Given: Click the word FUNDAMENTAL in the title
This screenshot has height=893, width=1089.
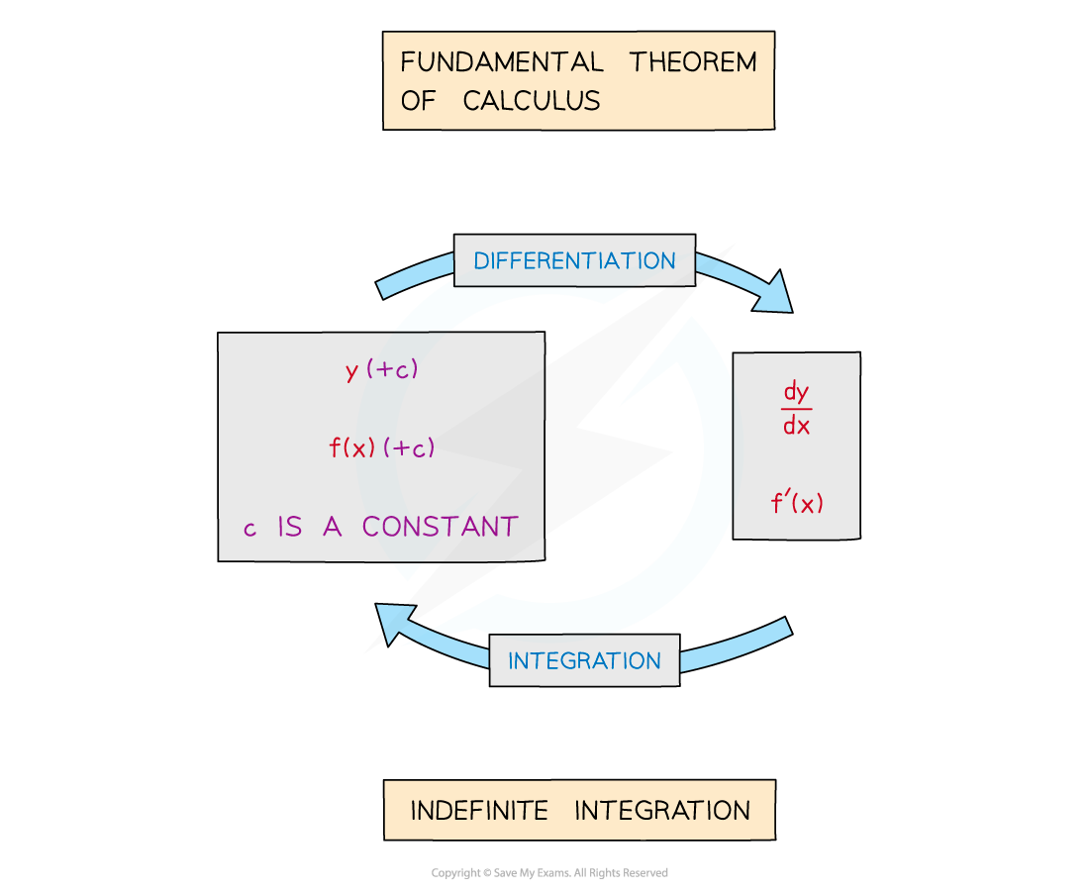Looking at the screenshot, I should [501, 62].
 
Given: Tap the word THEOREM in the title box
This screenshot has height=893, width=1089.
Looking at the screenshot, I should [693, 62].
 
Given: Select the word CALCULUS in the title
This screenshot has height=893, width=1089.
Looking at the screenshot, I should [532, 101].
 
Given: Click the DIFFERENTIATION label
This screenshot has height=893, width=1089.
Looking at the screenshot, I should [574, 261].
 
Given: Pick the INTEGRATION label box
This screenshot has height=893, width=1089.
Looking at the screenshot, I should [584, 661].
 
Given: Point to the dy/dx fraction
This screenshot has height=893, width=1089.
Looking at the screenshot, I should [796, 409].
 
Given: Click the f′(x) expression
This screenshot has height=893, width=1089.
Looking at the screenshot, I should [797, 503].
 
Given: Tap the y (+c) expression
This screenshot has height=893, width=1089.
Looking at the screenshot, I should [382, 370].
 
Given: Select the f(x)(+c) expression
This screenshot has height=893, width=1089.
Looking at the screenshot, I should [382, 448].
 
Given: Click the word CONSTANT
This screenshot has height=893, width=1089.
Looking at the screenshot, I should [440, 527].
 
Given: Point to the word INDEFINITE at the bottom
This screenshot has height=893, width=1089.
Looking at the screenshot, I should [479, 812].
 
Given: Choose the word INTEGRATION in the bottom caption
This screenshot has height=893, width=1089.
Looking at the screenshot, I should [662, 812].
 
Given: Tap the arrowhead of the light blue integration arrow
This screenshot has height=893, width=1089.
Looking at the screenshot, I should [394, 622].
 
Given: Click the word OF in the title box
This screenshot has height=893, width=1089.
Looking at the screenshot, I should [418, 101].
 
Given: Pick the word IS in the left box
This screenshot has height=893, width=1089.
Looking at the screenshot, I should [289, 527].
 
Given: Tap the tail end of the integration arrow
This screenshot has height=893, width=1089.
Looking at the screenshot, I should [787, 628].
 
